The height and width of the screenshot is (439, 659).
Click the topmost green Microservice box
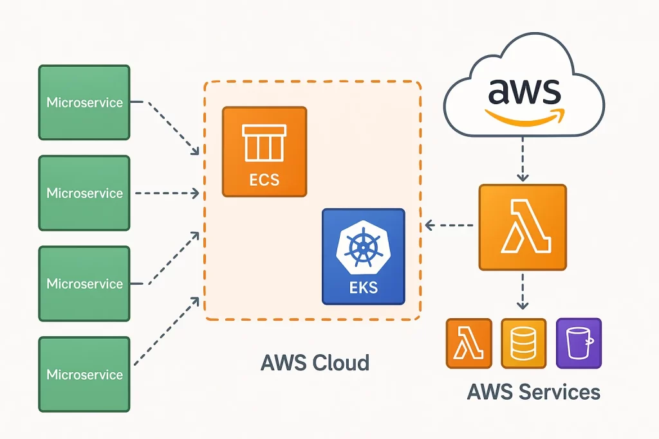[84, 102]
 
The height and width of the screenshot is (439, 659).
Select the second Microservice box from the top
[84, 193]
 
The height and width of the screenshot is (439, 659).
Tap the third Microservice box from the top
[84, 283]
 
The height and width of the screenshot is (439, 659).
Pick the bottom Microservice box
[84, 374]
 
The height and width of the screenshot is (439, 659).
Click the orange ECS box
[265, 152]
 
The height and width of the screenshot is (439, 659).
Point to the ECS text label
[265, 179]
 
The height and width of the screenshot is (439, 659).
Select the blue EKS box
[364, 256]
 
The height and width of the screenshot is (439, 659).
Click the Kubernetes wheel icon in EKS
[364, 247]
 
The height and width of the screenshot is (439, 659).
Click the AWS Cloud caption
[315, 363]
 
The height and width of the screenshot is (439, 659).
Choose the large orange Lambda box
[523, 227]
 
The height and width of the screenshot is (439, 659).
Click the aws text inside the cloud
[524, 91]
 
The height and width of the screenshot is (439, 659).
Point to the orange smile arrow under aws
[524, 116]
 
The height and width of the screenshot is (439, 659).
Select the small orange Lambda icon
[469, 343]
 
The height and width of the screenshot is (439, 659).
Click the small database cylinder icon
[523, 343]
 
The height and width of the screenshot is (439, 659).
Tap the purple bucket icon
[578, 343]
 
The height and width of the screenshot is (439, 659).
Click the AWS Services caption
[534, 391]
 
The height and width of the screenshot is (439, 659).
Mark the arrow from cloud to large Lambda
[523, 161]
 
